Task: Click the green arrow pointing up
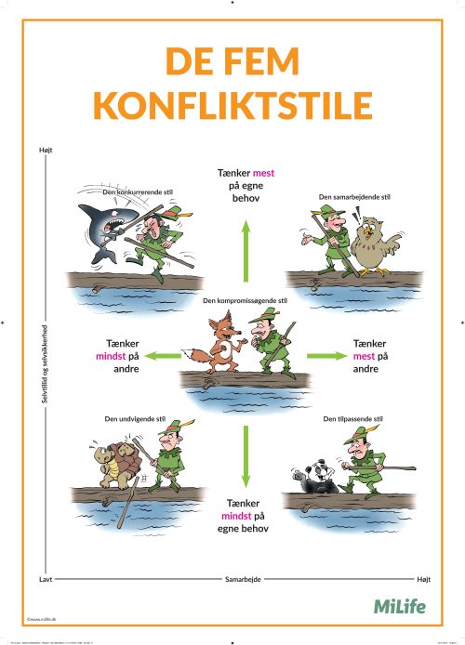point(246,246)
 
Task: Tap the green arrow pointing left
point(165,354)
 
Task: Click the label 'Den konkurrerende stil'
point(137,191)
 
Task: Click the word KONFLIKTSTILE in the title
point(232,104)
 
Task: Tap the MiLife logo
point(399,606)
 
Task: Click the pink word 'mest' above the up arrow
point(265,172)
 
